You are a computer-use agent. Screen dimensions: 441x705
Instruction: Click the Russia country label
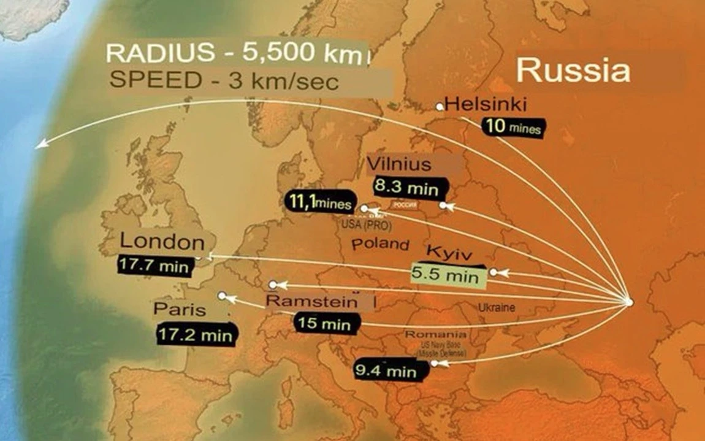pyautogui.click(x=573, y=71)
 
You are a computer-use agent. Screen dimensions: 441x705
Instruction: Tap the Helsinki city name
pyautogui.click(x=486, y=104)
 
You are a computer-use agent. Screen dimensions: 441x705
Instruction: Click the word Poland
pyautogui.click(x=380, y=244)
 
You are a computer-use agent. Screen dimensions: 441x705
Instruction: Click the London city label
pyautogui.click(x=162, y=242)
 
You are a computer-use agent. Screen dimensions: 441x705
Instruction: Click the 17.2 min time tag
pyautogui.click(x=196, y=335)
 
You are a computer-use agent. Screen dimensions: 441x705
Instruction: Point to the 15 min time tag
pyautogui.click(x=326, y=323)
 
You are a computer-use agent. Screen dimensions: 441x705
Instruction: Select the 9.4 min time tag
pyautogui.click(x=386, y=370)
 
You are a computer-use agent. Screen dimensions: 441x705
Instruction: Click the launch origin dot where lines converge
pyautogui.click(x=628, y=302)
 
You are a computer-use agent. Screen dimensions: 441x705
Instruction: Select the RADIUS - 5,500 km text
pyautogui.click(x=237, y=53)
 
